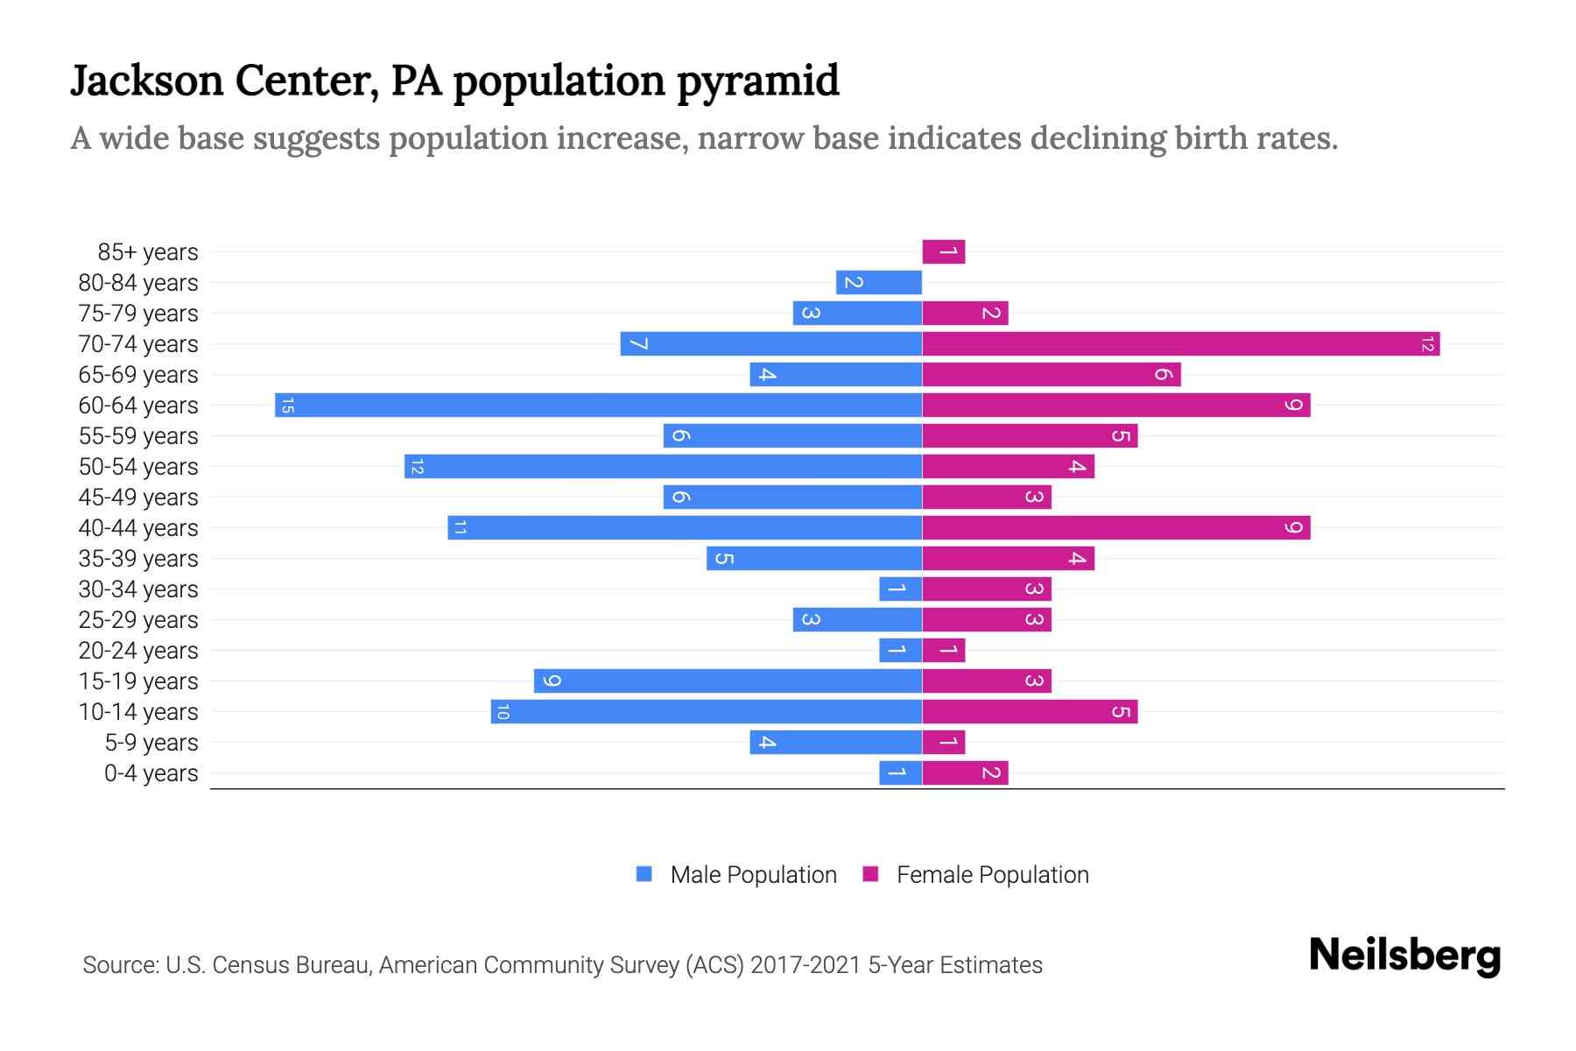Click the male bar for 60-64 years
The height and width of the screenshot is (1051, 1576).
click(x=598, y=406)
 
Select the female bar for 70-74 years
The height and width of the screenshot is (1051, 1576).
click(x=1180, y=344)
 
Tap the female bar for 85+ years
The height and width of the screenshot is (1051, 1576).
click(x=943, y=252)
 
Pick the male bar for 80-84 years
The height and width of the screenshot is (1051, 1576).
click(x=878, y=283)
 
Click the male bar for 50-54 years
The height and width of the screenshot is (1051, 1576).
click(x=663, y=467)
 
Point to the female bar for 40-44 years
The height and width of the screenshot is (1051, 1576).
click(x=1115, y=528)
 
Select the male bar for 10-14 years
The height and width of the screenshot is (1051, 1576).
click(x=706, y=712)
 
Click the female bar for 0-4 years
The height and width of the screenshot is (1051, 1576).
click(x=965, y=773)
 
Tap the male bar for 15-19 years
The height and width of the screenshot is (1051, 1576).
click(x=728, y=681)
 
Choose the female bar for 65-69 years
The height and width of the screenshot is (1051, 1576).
click(x=1051, y=375)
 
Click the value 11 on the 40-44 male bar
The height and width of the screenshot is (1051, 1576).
click(x=461, y=528)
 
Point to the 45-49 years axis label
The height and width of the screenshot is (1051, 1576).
click(x=138, y=497)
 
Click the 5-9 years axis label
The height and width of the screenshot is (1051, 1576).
click(x=151, y=743)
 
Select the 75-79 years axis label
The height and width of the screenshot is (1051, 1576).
click(x=138, y=314)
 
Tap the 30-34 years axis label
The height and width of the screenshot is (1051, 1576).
click(x=138, y=589)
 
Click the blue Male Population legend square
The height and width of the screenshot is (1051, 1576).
click(x=644, y=874)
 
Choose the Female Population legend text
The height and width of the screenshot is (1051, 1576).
click(x=992, y=875)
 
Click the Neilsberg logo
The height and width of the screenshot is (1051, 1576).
click(x=1404, y=956)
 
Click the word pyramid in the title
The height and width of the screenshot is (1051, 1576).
click(x=757, y=81)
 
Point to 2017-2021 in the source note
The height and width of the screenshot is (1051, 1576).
click(x=806, y=965)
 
